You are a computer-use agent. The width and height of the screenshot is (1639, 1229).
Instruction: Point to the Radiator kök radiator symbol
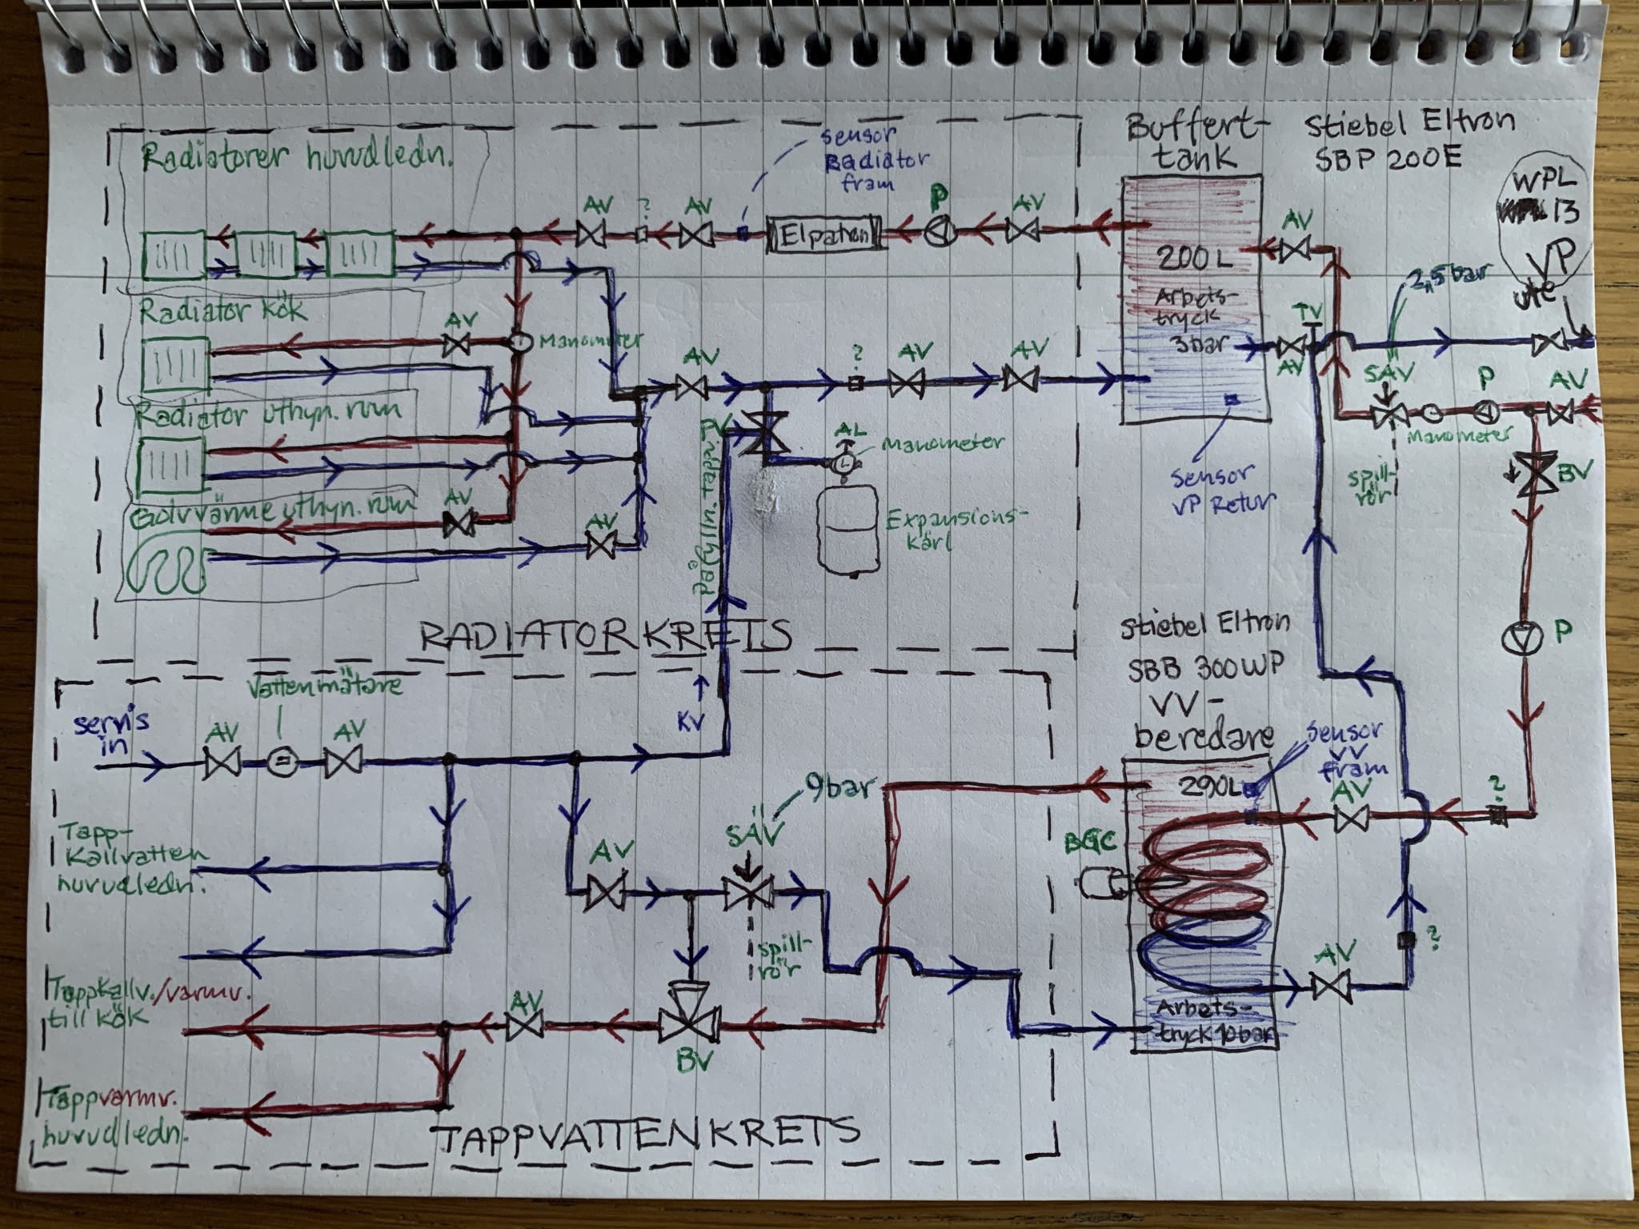(x=175, y=362)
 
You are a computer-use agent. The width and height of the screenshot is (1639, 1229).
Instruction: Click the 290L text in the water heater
(x=1209, y=787)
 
